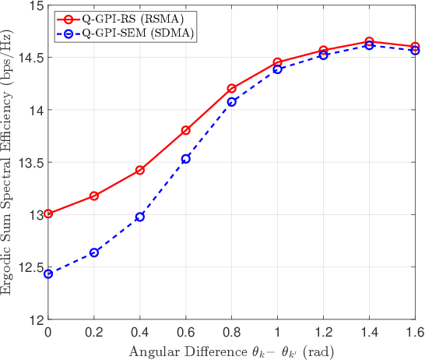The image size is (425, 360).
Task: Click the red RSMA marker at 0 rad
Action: click(48, 214)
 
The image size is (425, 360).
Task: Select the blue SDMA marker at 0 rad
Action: click(48, 274)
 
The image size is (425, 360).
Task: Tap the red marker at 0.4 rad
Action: click(140, 170)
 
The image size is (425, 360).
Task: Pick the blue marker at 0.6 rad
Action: click(186, 159)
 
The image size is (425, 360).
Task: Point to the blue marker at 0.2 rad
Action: click(94, 252)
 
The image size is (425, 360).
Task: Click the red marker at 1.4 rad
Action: click(370, 41)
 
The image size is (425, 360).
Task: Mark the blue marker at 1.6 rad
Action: click(416, 51)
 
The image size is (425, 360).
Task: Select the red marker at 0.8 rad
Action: click(232, 88)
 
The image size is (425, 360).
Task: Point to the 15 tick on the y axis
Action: click(33, 5)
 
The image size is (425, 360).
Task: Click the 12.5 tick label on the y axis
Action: click(30, 267)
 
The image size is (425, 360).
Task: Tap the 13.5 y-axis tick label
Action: click(30, 163)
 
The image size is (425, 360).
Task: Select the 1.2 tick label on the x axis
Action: click(324, 333)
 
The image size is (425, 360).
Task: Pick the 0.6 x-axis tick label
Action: click(186, 333)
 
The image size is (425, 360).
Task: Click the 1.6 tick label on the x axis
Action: click(416, 333)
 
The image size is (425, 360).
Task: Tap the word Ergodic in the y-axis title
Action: click(9, 271)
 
